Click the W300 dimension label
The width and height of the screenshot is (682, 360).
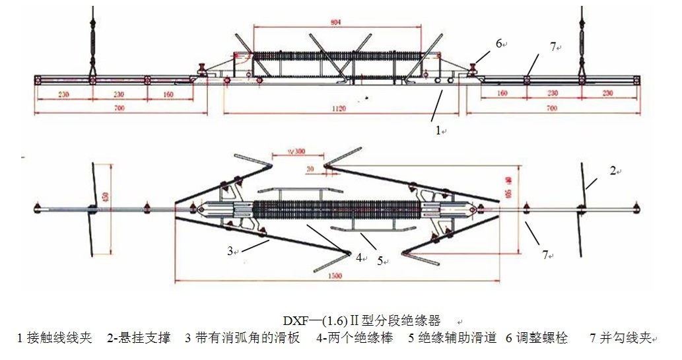point(298,151)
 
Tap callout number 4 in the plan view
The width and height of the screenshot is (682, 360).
point(358,257)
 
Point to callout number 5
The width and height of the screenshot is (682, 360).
point(380,261)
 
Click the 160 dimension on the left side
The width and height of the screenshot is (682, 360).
point(168,94)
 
